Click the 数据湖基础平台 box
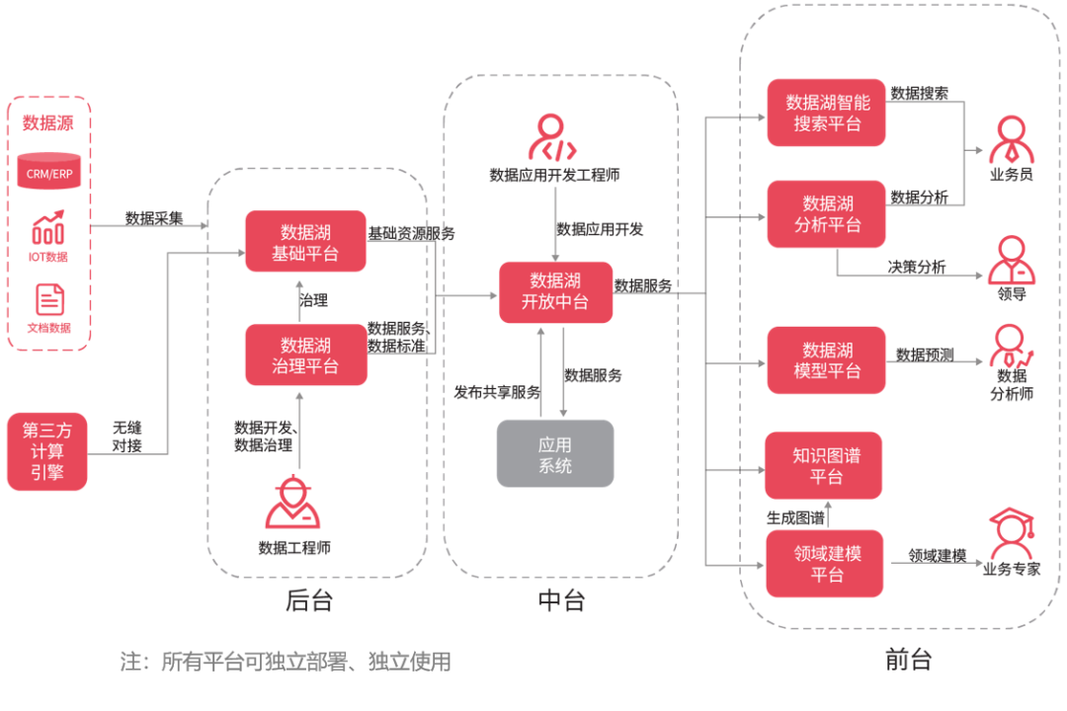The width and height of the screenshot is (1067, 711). (x=305, y=242)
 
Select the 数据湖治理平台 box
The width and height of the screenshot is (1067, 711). (x=305, y=355)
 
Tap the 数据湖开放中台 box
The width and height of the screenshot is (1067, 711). (x=555, y=292)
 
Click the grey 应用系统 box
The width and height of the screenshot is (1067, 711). (x=554, y=454)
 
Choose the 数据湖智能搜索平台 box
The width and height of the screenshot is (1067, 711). (x=826, y=114)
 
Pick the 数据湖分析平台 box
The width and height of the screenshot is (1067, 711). (x=826, y=214)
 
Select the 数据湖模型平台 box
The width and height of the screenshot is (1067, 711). (x=826, y=360)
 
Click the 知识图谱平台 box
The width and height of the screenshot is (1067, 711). (x=824, y=465)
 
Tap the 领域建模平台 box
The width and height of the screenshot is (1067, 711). (x=824, y=564)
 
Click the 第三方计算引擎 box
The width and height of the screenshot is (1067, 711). (x=46, y=451)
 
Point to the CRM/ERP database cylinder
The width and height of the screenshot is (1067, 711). (x=48, y=171)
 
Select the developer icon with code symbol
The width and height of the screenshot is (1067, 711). (x=552, y=139)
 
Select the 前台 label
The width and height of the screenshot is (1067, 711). (x=908, y=659)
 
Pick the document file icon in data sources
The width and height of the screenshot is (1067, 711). (x=49, y=299)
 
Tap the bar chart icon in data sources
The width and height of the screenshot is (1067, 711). (x=48, y=229)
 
